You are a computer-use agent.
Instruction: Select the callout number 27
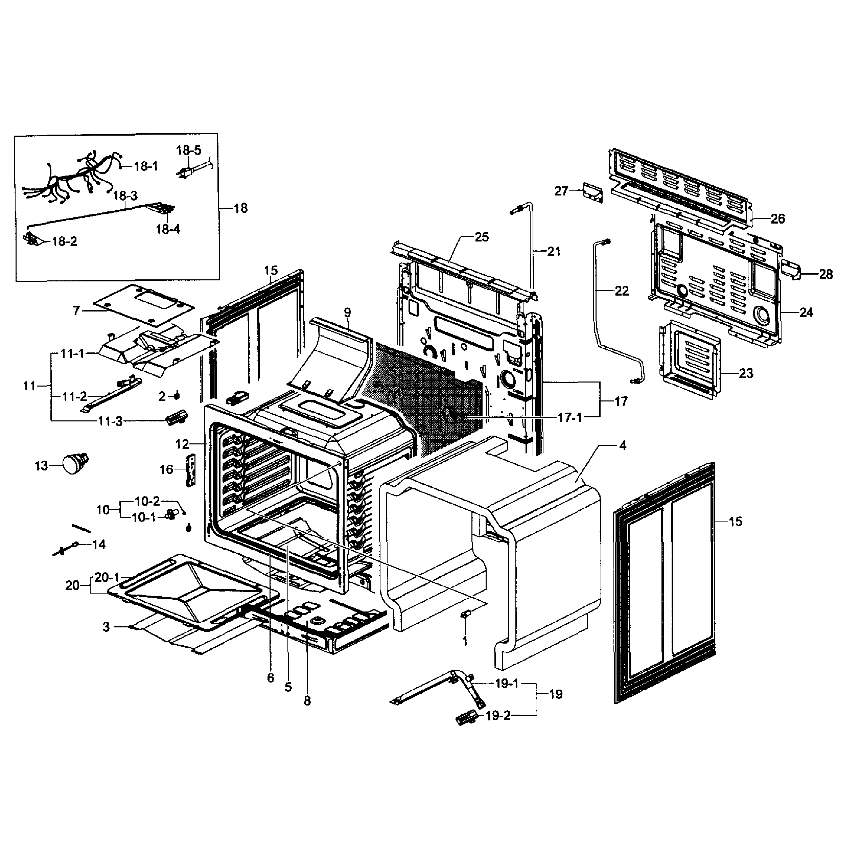[x=561, y=191]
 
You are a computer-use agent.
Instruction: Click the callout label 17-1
[x=569, y=418]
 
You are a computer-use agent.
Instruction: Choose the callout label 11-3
[x=110, y=421]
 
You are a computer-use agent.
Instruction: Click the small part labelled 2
[x=177, y=395]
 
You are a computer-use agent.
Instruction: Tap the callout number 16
[x=166, y=469]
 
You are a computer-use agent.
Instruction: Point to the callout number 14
[x=98, y=544]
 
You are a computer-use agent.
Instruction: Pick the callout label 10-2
[x=147, y=501]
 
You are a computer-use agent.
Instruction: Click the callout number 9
[x=347, y=313]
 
